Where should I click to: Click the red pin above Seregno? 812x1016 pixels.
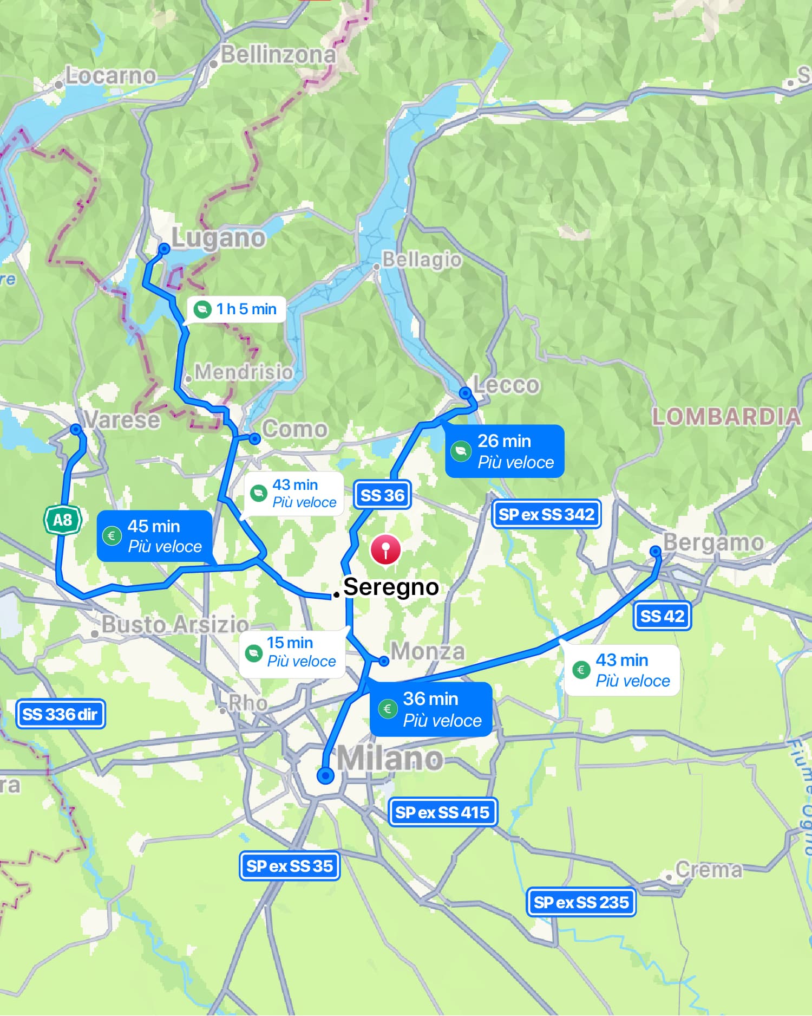(x=385, y=549)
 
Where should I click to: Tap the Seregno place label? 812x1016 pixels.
(x=391, y=587)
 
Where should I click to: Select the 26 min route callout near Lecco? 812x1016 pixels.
(x=505, y=451)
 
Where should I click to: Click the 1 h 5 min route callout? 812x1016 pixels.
(x=237, y=309)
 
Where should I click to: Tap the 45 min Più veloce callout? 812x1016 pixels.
(x=154, y=535)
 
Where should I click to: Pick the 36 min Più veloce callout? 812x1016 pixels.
(x=431, y=709)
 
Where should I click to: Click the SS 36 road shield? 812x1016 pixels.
(x=382, y=495)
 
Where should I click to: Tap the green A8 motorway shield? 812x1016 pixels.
(x=62, y=520)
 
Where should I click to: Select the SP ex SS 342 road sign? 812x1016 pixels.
(x=546, y=514)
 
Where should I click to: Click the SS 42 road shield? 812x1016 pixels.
(x=662, y=616)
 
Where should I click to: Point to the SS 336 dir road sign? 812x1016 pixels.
(x=60, y=714)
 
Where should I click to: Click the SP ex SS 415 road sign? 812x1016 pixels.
(x=442, y=812)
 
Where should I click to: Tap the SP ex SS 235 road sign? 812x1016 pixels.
(x=581, y=902)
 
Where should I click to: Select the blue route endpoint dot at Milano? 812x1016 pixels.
(x=325, y=775)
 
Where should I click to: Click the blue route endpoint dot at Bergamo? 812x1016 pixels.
(x=656, y=552)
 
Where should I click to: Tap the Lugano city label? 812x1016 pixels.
(x=218, y=237)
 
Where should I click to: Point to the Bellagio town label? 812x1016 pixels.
(x=422, y=259)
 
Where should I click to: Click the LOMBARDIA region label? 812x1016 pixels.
(x=726, y=416)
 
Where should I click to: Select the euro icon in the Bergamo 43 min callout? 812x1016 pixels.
(x=581, y=670)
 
